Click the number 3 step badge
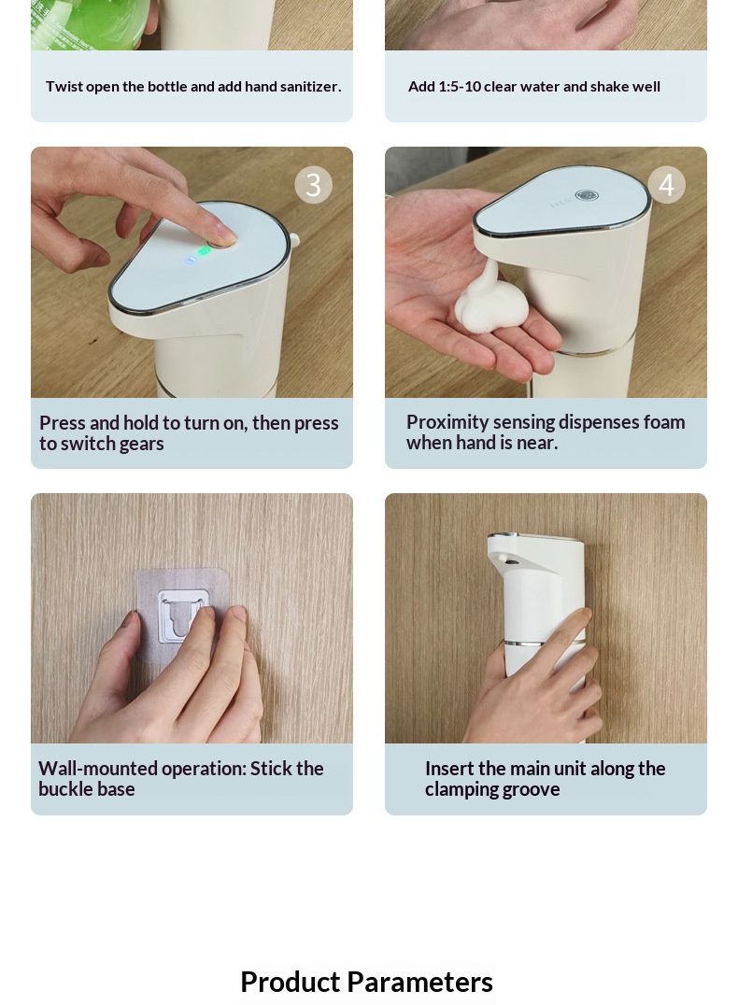[313, 185]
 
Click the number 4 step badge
[667, 185]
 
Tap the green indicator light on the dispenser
[204, 251]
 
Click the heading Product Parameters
[366, 982]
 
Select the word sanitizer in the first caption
[307, 87]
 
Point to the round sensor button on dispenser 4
[586, 195]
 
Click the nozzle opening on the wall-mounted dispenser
[510, 561]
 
